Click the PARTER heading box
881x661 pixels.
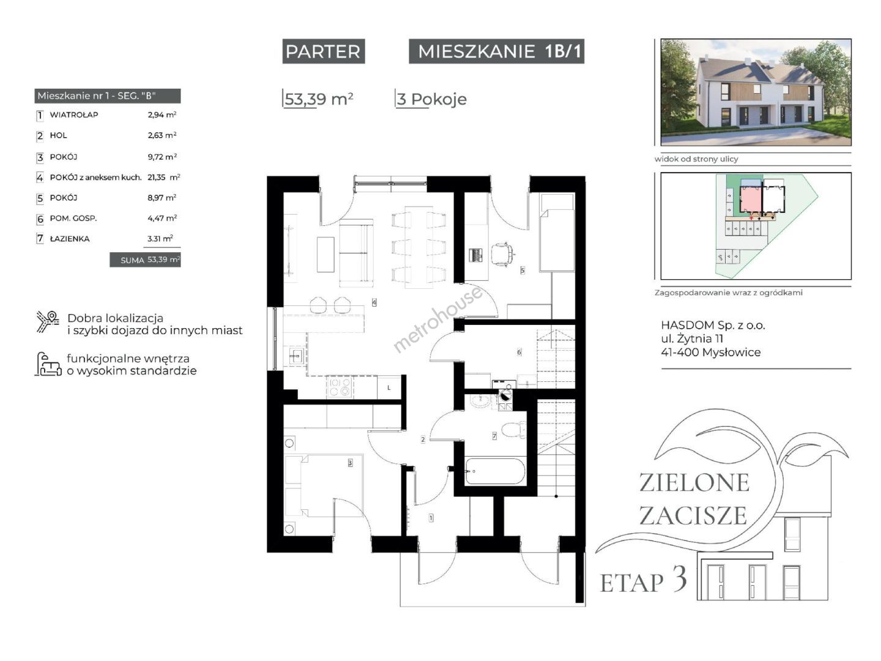click(324, 51)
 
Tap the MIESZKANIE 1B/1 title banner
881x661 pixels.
click(497, 51)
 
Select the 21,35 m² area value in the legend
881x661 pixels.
click(164, 177)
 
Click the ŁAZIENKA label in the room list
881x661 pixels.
click(69, 239)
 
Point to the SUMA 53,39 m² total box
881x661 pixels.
click(145, 260)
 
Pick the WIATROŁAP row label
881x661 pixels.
click(74, 115)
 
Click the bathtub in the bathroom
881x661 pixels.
click(495, 471)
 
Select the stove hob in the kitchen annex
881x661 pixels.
click(340, 387)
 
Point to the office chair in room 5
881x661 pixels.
click(502, 254)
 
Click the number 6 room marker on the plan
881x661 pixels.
click(519, 352)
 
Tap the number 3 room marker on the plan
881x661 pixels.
click(350, 463)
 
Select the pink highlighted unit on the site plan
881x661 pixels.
click(751, 200)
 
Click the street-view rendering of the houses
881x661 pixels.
click(756, 92)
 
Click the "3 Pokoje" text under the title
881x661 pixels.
click(432, 99)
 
